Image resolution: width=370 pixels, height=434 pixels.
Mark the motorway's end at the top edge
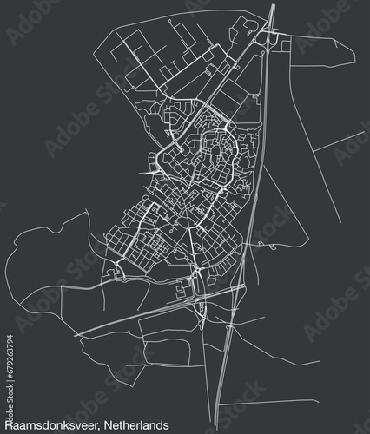274,5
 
